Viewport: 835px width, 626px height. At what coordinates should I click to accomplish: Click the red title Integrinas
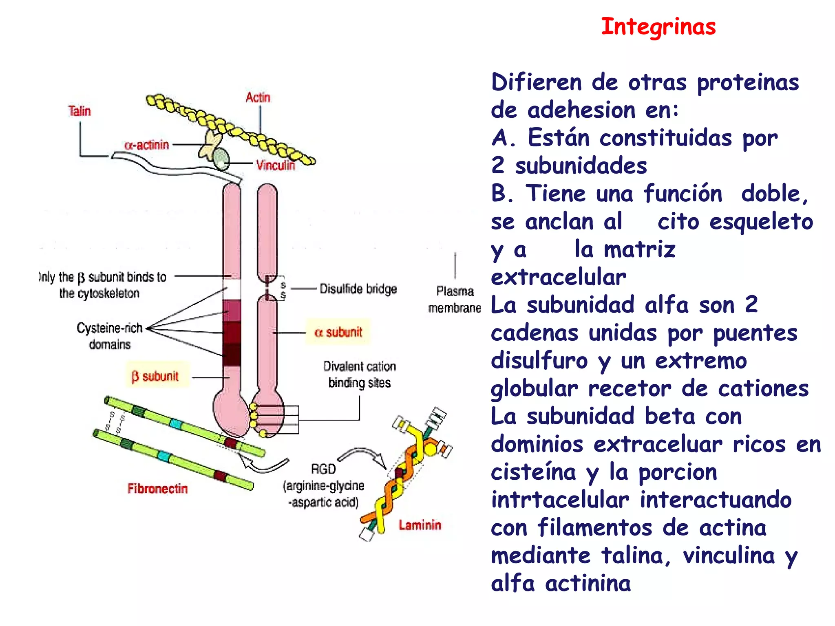point(658,27)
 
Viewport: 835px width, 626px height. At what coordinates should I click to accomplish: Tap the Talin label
point(80,111)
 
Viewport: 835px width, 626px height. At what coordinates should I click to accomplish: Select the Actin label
point(258,97)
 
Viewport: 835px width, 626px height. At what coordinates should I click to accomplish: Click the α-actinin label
point(147,145)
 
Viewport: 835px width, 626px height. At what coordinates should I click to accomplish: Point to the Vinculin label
point(275,165)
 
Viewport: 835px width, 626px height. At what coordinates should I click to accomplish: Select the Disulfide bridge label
point(358,289)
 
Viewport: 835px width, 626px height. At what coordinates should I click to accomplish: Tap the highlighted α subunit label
point(338,332)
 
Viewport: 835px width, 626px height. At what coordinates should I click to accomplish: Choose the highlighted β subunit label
point(155,376)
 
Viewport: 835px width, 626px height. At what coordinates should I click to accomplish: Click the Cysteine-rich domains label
point(110,336)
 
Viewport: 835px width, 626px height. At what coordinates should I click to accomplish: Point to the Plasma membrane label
point(455,300)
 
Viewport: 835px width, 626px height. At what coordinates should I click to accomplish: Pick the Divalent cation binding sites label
point(360,375)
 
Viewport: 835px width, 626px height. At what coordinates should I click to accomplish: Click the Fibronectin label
point(158,489)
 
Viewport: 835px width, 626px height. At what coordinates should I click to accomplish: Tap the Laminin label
point(420,525)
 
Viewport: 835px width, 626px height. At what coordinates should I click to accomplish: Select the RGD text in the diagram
point(323,469)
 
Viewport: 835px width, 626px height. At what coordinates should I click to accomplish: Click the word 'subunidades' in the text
point(581,166)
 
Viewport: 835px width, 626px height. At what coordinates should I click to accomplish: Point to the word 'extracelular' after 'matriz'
point(559,278)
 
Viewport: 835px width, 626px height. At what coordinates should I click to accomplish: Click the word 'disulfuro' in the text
point(539,361)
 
